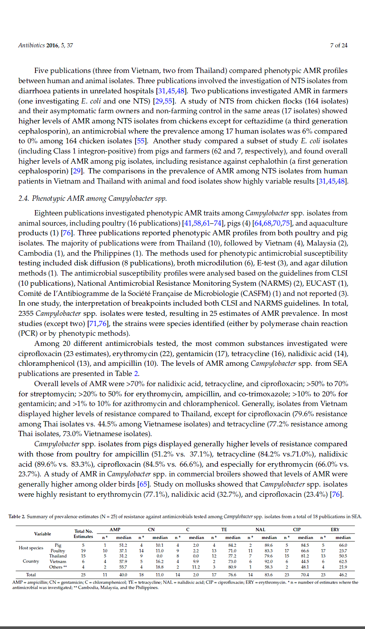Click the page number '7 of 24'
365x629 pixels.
click(x=338, y=45)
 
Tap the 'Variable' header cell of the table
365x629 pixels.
click(x=43, y=533)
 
